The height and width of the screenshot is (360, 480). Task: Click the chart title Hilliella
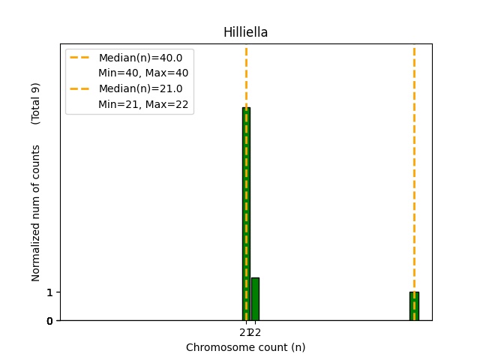[245, 32]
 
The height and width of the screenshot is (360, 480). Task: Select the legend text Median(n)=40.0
[140, 58]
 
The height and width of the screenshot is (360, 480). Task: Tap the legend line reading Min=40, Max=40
[143, 73]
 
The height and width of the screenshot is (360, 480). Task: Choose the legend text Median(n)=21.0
[140, 88]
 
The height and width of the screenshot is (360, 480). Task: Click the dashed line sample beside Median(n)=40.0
[81, 58]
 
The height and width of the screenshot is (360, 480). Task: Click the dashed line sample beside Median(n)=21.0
[81, 88]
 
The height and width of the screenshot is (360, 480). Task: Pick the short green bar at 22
[255, 299]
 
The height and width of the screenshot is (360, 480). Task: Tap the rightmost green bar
[414, 306]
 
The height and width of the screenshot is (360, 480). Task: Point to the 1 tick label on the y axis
[49, 292]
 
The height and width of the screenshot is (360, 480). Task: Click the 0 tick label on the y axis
[49, 321]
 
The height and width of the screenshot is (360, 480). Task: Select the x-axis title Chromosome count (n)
[245, 347]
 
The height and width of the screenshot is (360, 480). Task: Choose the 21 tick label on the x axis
[244, 332]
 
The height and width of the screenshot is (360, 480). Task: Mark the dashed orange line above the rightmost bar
[414, 165]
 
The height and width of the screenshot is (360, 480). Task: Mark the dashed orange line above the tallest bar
[246, 75]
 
